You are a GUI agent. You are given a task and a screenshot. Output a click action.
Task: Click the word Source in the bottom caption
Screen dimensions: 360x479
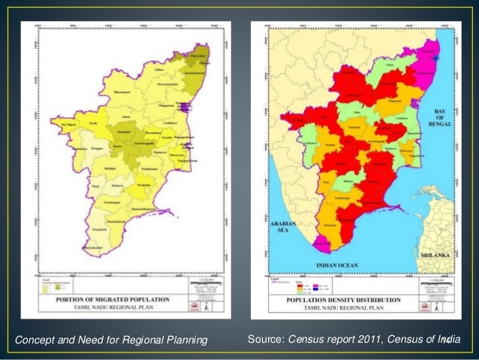(x=265, y=342)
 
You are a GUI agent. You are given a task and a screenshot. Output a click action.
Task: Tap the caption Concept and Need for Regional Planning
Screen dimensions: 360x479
(x=110, y=342)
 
